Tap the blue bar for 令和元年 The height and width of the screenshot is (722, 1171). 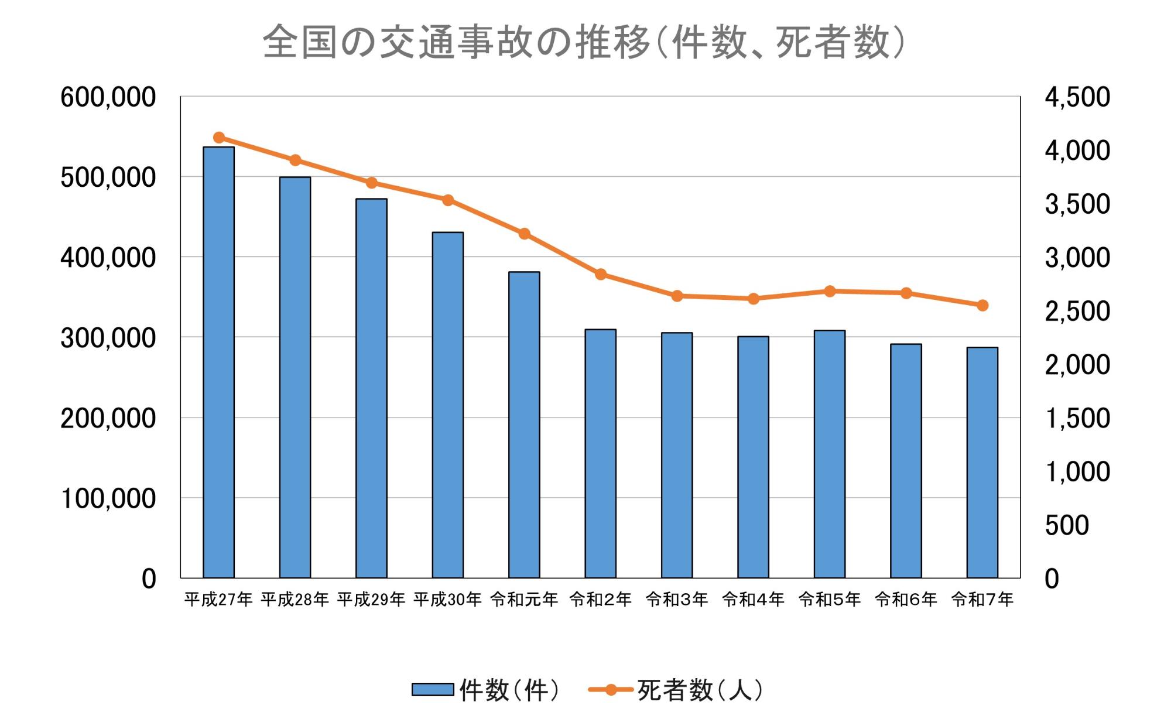click(x=524, y=425)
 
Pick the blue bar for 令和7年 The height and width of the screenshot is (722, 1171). click(x=982, y=463)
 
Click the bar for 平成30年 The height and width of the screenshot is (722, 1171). click(x=447, y=405)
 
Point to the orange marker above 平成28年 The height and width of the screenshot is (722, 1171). click(x=295, y=160)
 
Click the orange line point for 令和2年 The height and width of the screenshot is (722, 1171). click(x=601, y=274)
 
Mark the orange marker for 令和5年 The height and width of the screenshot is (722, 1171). click(x=830, y=291)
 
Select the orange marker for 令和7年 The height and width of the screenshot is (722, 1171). click(x=982, y=305)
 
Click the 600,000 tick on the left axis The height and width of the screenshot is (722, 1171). click(x=108, y=97)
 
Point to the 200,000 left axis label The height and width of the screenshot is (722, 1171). click(x=108, y=418)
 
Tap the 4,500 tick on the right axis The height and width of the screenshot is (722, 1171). click(x=1077, y=97)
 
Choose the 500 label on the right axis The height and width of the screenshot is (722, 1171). click(x=1066, y=525)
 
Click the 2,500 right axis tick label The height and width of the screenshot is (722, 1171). click(x=1077, y=312)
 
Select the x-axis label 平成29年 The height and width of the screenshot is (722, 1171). click(x=371, y=599)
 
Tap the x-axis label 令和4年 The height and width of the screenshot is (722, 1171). click(x=753, y=599)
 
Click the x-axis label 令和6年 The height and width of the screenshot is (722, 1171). click(x=906, y=599)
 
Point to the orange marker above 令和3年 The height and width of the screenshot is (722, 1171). click(x=677, y=296)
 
